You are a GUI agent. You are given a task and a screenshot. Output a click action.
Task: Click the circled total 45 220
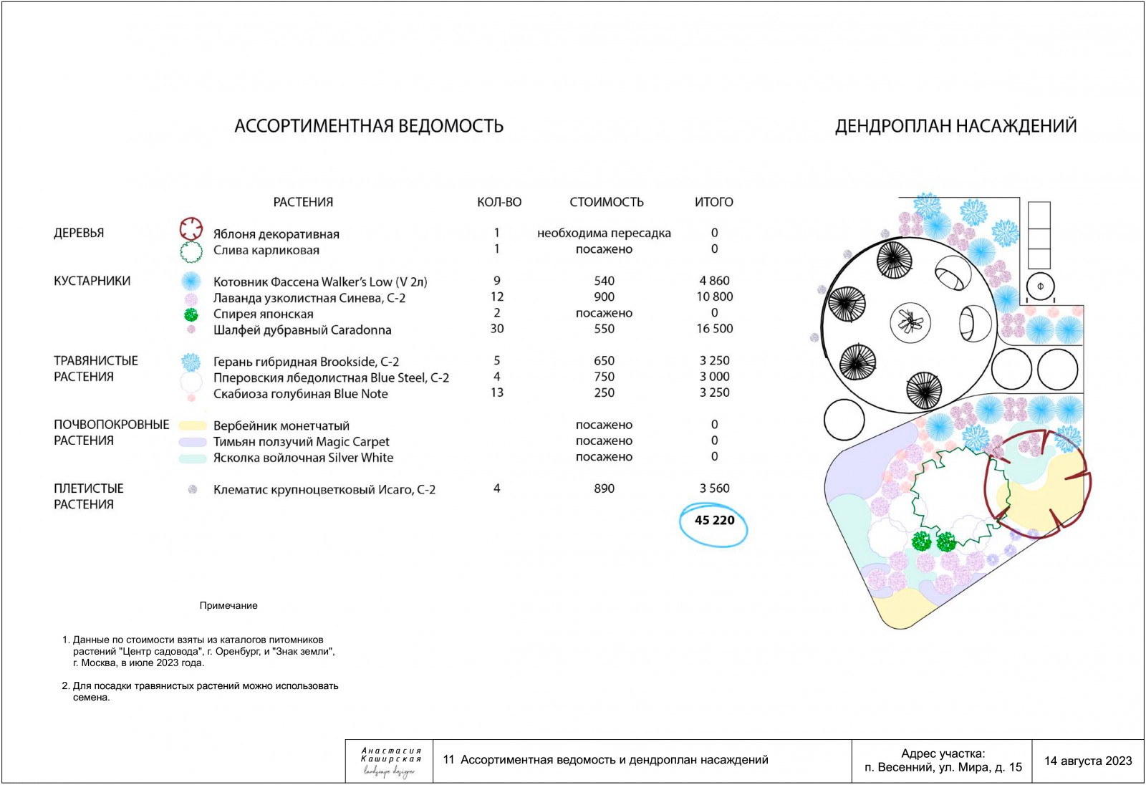click(x=714, y=521)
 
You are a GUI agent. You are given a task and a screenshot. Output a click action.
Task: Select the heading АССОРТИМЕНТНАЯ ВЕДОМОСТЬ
click(x=369, y=126)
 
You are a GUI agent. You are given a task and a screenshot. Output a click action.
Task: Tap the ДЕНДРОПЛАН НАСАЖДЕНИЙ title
click(x=955, y=126)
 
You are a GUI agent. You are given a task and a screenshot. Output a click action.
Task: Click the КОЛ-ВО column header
click(x=499, y=202)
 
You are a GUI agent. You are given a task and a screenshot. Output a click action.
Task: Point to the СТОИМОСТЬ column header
click(x=607, y=202)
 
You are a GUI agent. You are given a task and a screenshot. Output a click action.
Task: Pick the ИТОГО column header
click(x=714, y=202)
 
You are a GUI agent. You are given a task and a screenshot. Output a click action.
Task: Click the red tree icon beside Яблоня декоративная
click(x=191, y=229)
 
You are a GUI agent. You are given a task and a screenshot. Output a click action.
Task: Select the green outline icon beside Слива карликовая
click(x=191, y=251)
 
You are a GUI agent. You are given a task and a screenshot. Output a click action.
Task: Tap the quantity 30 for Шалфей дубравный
click(x=497, y=329)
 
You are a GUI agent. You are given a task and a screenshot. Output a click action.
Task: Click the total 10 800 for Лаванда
click(x=715, y=297)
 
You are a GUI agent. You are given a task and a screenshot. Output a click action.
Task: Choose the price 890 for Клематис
click(x=605, y=488)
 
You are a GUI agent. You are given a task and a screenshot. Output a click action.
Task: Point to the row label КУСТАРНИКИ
click(x=92, y=281)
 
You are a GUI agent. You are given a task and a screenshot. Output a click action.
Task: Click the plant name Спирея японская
click(x=264, y=314)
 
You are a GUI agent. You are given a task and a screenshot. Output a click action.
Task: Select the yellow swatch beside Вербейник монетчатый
click(x=193, y=425)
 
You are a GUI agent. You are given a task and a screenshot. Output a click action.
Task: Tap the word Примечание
click(x=228, y=605)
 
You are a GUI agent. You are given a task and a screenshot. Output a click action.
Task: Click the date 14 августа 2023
click(x=1088, y=761)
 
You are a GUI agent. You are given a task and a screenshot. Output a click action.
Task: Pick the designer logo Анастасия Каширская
click(x=390, y=761)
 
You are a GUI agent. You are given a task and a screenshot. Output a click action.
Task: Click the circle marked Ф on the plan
click(x=1040, y=286)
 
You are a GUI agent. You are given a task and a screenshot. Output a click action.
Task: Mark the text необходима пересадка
click(x=605, y=233)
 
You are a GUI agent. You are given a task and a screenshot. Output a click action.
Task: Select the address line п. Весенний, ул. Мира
click(x=943, y=767)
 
